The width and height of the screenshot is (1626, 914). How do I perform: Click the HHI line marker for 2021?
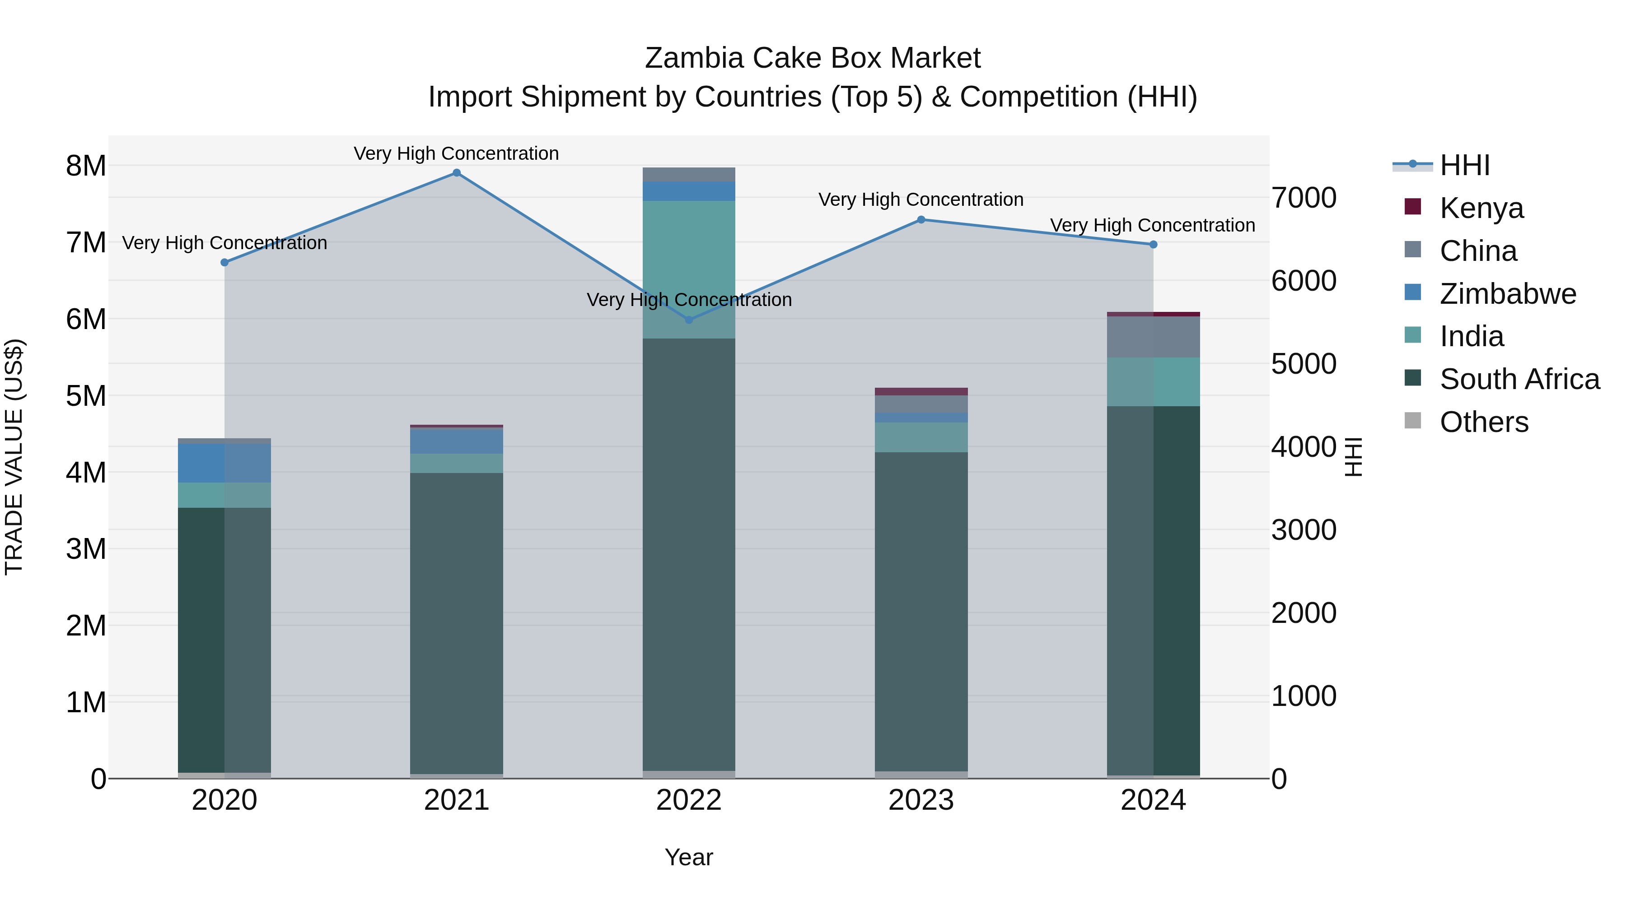point(456,173)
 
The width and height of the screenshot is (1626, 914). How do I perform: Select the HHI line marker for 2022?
point(689,320)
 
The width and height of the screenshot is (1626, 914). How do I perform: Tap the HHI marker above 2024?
point(1153,245)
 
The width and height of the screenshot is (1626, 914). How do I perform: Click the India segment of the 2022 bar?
point(689,269)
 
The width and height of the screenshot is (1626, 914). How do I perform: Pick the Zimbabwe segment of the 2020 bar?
point(224,463)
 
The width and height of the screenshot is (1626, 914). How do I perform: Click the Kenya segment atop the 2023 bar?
point(921,392)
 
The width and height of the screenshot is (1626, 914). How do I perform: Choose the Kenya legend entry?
point(1481,208)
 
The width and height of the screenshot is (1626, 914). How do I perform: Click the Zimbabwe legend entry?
point(1507,293)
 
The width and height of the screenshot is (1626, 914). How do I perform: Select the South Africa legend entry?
point(1519,379)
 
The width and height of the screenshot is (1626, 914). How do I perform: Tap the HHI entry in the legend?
point(1464,165)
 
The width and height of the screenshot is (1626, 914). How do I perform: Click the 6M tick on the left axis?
point(86,319)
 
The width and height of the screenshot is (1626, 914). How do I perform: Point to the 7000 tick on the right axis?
point(1304,198)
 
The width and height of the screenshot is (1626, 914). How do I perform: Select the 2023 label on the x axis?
point(921,800)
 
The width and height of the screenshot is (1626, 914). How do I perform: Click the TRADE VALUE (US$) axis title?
point(14,457)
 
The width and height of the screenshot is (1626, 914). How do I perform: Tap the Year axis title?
point(689,857)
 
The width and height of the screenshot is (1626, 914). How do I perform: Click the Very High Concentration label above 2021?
point(456,153)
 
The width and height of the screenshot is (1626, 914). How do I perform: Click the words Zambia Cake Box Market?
point(813,58)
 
